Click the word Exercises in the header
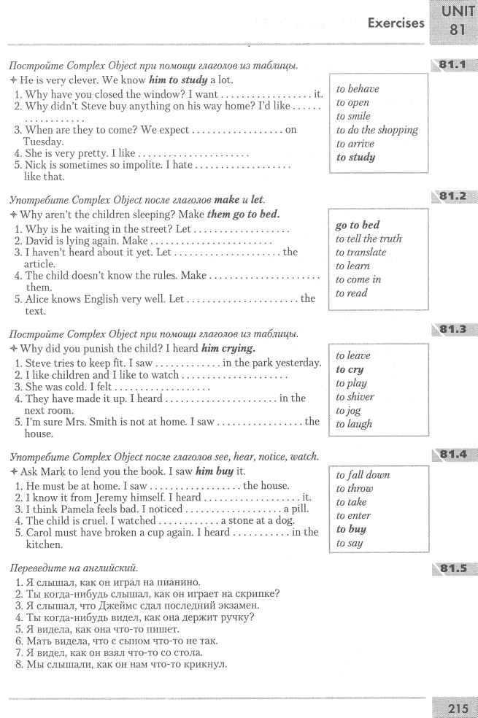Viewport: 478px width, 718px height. (x=396, y=23)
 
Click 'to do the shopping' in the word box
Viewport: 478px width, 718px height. (x=377, y=130)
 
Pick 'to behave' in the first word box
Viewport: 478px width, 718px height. (x=358, y=89)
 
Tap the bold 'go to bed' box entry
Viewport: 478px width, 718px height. (x=358, y=225)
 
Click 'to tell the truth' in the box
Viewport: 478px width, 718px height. (x=369, y=239)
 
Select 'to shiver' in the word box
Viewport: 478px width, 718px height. (x=355, y=397)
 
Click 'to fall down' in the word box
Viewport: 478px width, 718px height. (x=363, y=475)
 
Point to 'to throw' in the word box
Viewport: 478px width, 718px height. (x=353, y=488)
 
